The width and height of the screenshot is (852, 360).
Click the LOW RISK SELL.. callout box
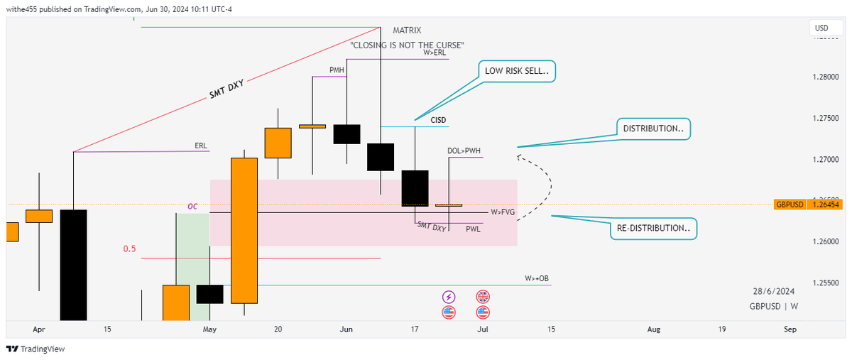click(x=516, y=71)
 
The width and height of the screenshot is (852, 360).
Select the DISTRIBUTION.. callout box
click(x=652, y=129)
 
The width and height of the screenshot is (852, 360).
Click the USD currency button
click(x=821, y=28)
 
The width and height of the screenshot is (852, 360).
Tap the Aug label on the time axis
click(x=654, y=329)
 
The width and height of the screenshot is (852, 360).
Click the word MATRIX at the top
click(x=407, y=31)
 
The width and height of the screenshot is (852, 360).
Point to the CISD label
click(x=439, y=120)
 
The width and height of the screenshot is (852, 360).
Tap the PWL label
click(x=473, y=229)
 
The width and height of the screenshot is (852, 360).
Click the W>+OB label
click(x=537, y=278)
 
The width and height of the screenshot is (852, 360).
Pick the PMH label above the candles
click(x=337, y=70)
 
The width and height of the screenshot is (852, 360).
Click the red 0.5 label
click(x=129, y=249)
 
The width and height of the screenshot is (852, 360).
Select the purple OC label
click(x=192, y=207)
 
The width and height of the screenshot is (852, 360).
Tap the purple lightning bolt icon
click(x=449, y=296)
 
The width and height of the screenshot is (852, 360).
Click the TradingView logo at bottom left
click(x=35, y=349)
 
